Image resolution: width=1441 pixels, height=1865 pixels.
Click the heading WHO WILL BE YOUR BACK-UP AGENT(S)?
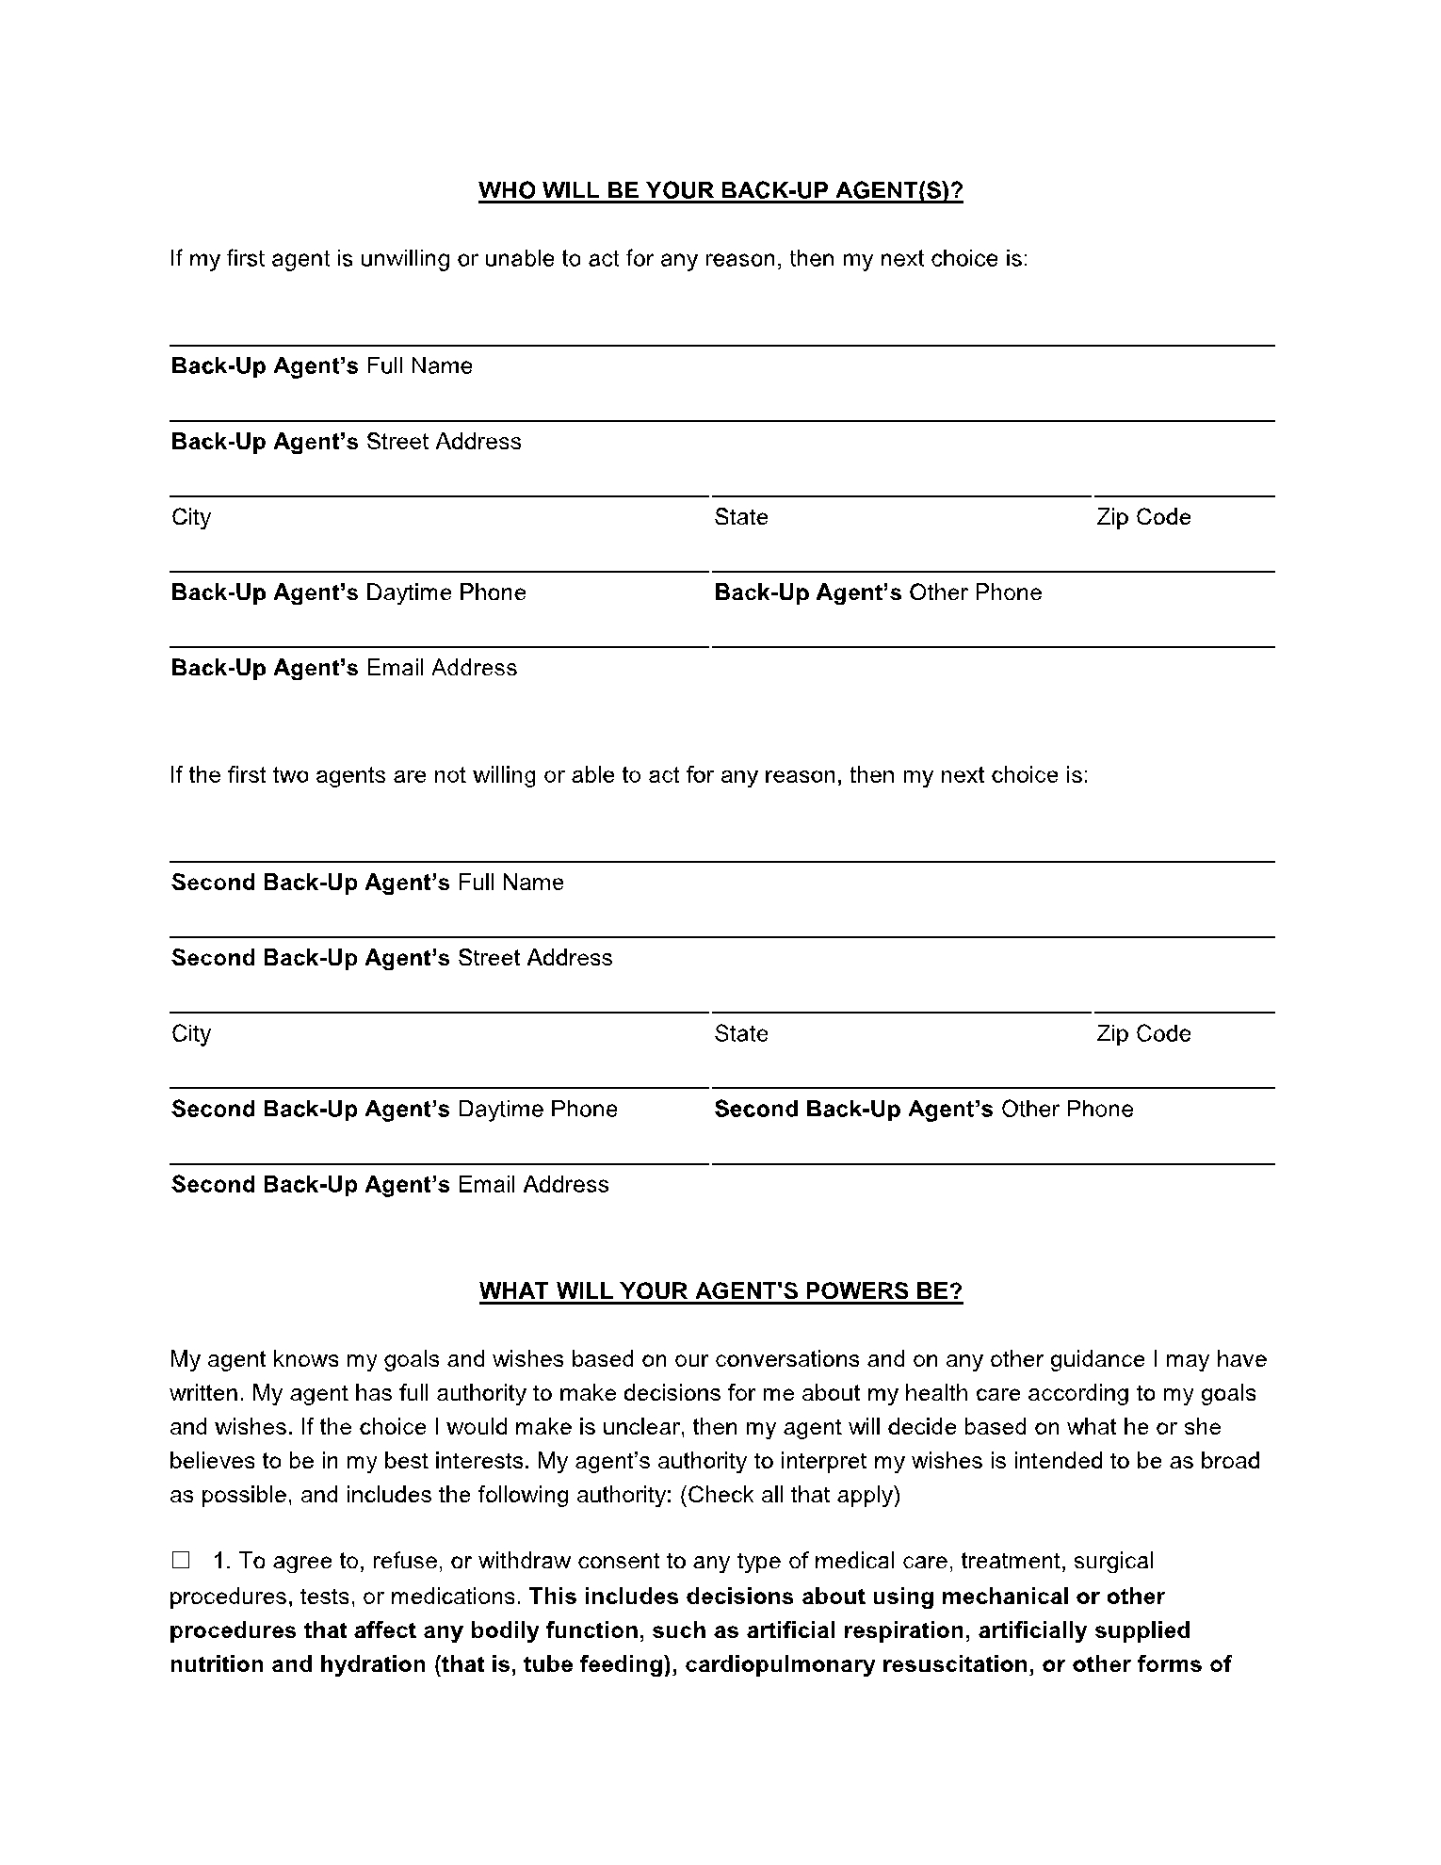720,191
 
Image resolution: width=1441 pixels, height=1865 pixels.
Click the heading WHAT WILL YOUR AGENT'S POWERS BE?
720,1290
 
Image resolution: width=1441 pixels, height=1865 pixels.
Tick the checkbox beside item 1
181,1561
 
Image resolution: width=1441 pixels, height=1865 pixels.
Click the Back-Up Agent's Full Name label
321,365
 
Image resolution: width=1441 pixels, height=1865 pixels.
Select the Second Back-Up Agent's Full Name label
367,883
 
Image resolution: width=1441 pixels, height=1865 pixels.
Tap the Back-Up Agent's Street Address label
346,442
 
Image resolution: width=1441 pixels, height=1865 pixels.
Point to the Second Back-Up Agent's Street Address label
392,958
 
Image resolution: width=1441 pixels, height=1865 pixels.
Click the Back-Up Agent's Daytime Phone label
348,592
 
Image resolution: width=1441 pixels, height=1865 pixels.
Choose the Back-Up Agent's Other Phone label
878,592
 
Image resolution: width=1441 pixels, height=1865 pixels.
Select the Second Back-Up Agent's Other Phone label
923,1109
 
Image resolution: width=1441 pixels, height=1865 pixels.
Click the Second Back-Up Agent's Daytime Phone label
394,1109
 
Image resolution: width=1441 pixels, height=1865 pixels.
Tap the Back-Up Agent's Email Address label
344,668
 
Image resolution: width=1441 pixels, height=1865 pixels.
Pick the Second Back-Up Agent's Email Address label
390,1184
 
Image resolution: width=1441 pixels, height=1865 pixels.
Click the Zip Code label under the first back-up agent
1143,517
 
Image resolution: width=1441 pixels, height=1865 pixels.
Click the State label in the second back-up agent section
741,1033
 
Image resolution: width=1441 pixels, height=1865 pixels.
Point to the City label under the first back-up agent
191,517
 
